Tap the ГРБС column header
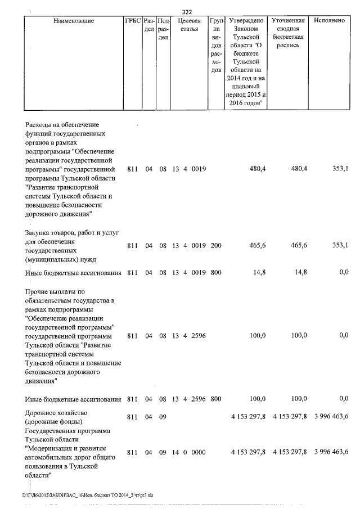pyautogui.click(x=133, y=21)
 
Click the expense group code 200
pyautogui.click(x=215, y=245)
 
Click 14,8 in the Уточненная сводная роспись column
pyautogui.click(x=299, y=273)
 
